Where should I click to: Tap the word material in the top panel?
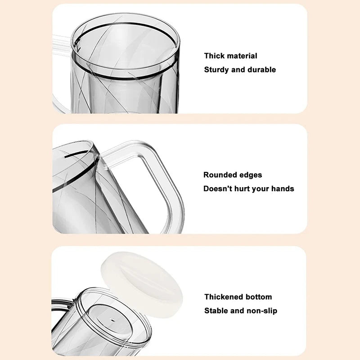(242, 56)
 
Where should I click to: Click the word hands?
(283, 189)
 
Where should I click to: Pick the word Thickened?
(224, 297)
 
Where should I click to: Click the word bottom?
(259, 297)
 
